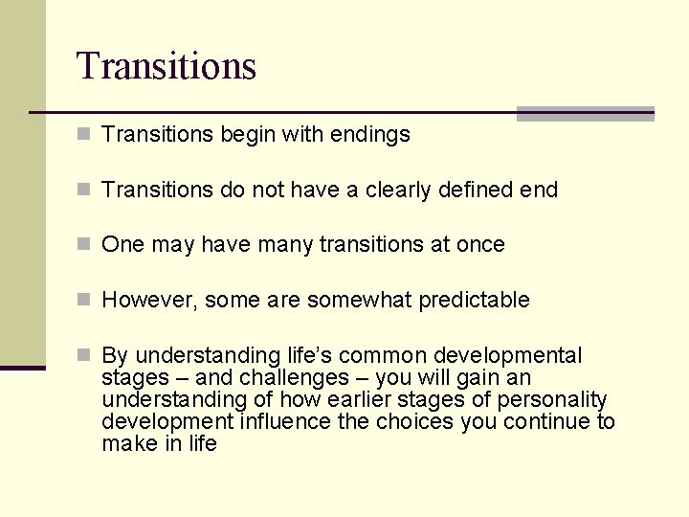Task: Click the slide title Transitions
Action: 167,66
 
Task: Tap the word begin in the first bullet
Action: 245,135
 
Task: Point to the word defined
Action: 474,190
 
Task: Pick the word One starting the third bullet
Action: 122,245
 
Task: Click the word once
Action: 480,245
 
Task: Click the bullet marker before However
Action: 84,301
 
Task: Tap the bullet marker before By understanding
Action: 84,356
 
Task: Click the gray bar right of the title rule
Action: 585,114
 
